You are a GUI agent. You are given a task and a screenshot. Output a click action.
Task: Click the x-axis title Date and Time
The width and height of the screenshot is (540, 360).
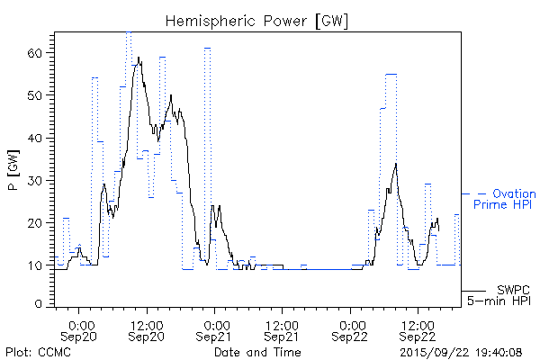tap(257, 352)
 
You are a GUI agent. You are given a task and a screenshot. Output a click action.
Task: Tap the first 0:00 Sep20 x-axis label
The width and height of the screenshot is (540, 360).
tap(80, 329)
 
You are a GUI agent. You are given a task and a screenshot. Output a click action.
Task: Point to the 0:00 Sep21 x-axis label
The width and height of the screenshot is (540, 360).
tap(215, 329)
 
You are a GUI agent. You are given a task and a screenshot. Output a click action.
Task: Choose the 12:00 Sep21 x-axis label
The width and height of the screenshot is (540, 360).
tap(282, 329)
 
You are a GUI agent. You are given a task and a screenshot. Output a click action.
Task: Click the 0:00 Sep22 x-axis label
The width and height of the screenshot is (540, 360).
tap(350, 329)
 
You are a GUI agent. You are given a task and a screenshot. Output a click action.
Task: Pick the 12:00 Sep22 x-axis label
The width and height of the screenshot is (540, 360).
tap(417, 329)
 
